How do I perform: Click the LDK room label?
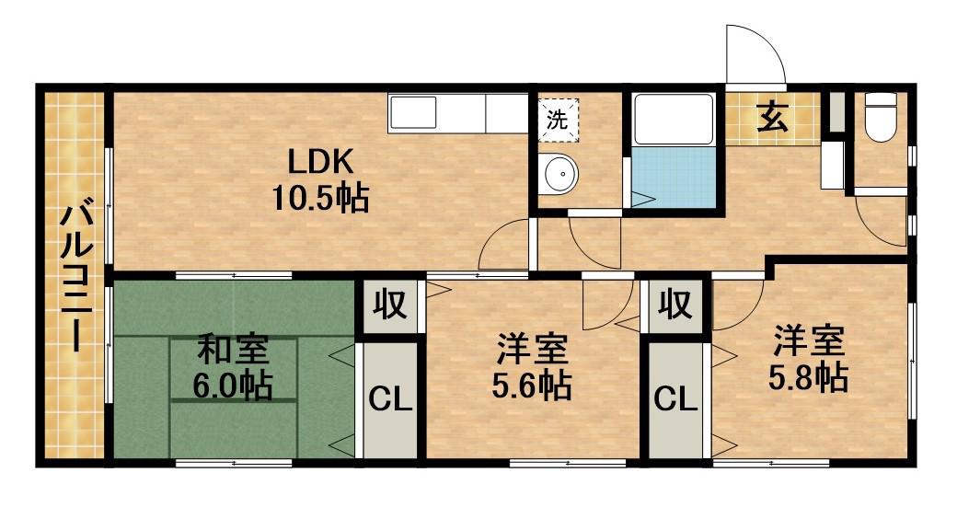[320, 164]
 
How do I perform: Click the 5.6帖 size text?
[532, 385]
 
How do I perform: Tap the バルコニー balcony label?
[77, 279]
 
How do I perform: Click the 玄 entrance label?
[773, 117]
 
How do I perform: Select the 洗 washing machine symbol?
[558, 120]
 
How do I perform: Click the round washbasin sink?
[559, 173]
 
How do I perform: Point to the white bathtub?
[674, 119]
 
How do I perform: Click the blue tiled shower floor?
[674, 177]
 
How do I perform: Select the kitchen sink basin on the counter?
[413, 113]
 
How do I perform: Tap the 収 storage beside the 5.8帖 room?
[675, 305]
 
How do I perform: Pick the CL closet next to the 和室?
[390, 400]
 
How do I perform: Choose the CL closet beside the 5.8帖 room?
[675, 400]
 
